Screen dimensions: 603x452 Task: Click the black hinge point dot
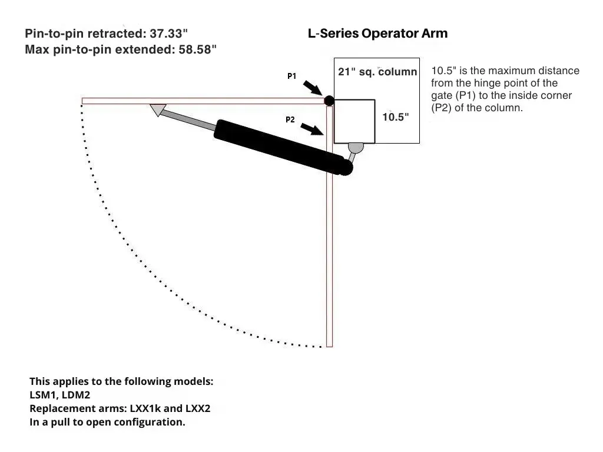[329, 101]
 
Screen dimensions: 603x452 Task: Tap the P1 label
[292, 76]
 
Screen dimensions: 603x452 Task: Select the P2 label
[290, 119]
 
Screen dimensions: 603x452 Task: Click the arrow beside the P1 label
[312, 88]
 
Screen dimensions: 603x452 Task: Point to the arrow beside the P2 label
[312, 129]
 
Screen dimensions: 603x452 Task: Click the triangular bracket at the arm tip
[158, 109]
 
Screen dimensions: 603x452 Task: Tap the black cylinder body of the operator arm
[283, 147]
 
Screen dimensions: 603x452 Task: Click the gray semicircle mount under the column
[356, 148]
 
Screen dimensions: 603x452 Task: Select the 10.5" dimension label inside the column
[395, 117]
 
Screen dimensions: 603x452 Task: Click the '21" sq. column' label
[377, 72]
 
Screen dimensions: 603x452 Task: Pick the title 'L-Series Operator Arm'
[377, 34]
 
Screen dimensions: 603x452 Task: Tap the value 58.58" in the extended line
[198, 49]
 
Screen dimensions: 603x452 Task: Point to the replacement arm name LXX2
[198, 408]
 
